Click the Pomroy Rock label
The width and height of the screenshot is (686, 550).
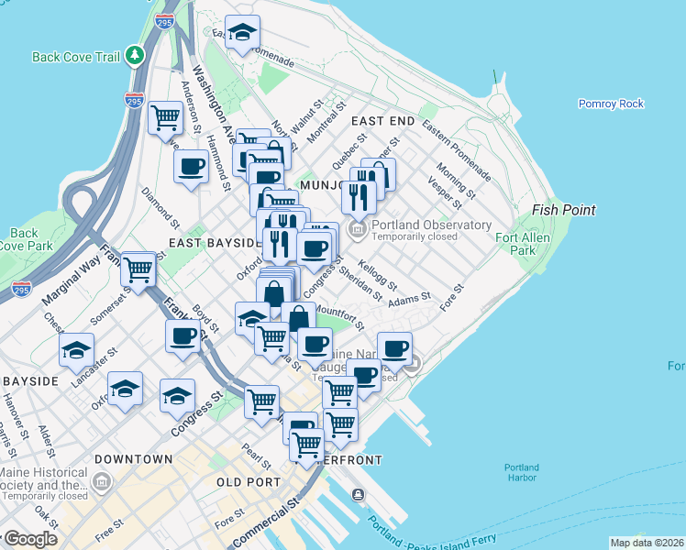coord(611,104)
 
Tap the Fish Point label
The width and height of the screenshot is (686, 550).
coord(564,210)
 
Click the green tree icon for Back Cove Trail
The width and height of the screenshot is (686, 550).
coord(135,56)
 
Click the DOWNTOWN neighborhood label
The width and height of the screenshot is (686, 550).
coord(134,458)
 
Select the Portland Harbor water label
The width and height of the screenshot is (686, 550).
coord(522,474)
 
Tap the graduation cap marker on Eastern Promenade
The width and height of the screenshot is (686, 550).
coord(242,33)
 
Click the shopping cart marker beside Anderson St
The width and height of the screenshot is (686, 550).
coord(165,117)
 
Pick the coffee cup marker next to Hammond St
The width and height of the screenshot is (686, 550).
coord(191,167)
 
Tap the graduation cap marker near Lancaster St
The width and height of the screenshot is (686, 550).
coord(76,350)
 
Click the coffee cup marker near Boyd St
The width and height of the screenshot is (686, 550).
coord(183,335)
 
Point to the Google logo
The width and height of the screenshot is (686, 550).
coord(30,539)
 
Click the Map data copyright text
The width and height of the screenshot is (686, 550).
coord(647,543)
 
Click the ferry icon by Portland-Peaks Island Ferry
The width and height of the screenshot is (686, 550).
coord(358,495)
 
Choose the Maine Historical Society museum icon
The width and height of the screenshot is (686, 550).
coord(101,479)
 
